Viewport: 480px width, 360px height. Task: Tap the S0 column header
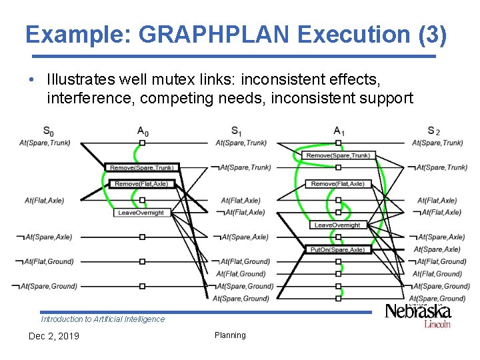[x=49, y=131]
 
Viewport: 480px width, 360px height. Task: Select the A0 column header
[x=143, y=131]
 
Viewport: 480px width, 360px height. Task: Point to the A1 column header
[x=339, y=131]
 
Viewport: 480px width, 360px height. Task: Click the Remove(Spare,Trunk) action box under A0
[x=141, y=168]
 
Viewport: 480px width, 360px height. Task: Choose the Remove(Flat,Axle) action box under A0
[x=141, y=184]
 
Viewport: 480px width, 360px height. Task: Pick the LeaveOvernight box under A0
[x=141, y=213]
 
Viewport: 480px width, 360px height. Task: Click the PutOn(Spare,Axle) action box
[x=337, y=249]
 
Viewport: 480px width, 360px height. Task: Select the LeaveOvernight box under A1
[x=337, y=225]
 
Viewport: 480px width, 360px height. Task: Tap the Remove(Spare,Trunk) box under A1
[x=337, y=155]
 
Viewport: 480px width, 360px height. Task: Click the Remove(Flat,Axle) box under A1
[x=337, y=184]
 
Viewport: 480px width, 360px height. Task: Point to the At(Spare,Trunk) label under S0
[x=45, y=143]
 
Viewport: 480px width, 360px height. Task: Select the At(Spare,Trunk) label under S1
[x=241, y=143]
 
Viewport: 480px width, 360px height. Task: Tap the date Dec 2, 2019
[x=53, y=336]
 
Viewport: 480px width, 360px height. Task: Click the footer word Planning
[x=230, y=335]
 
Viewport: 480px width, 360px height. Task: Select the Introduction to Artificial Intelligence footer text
[x=103, y=319]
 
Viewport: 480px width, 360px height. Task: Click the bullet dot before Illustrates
[x=32, y=80]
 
